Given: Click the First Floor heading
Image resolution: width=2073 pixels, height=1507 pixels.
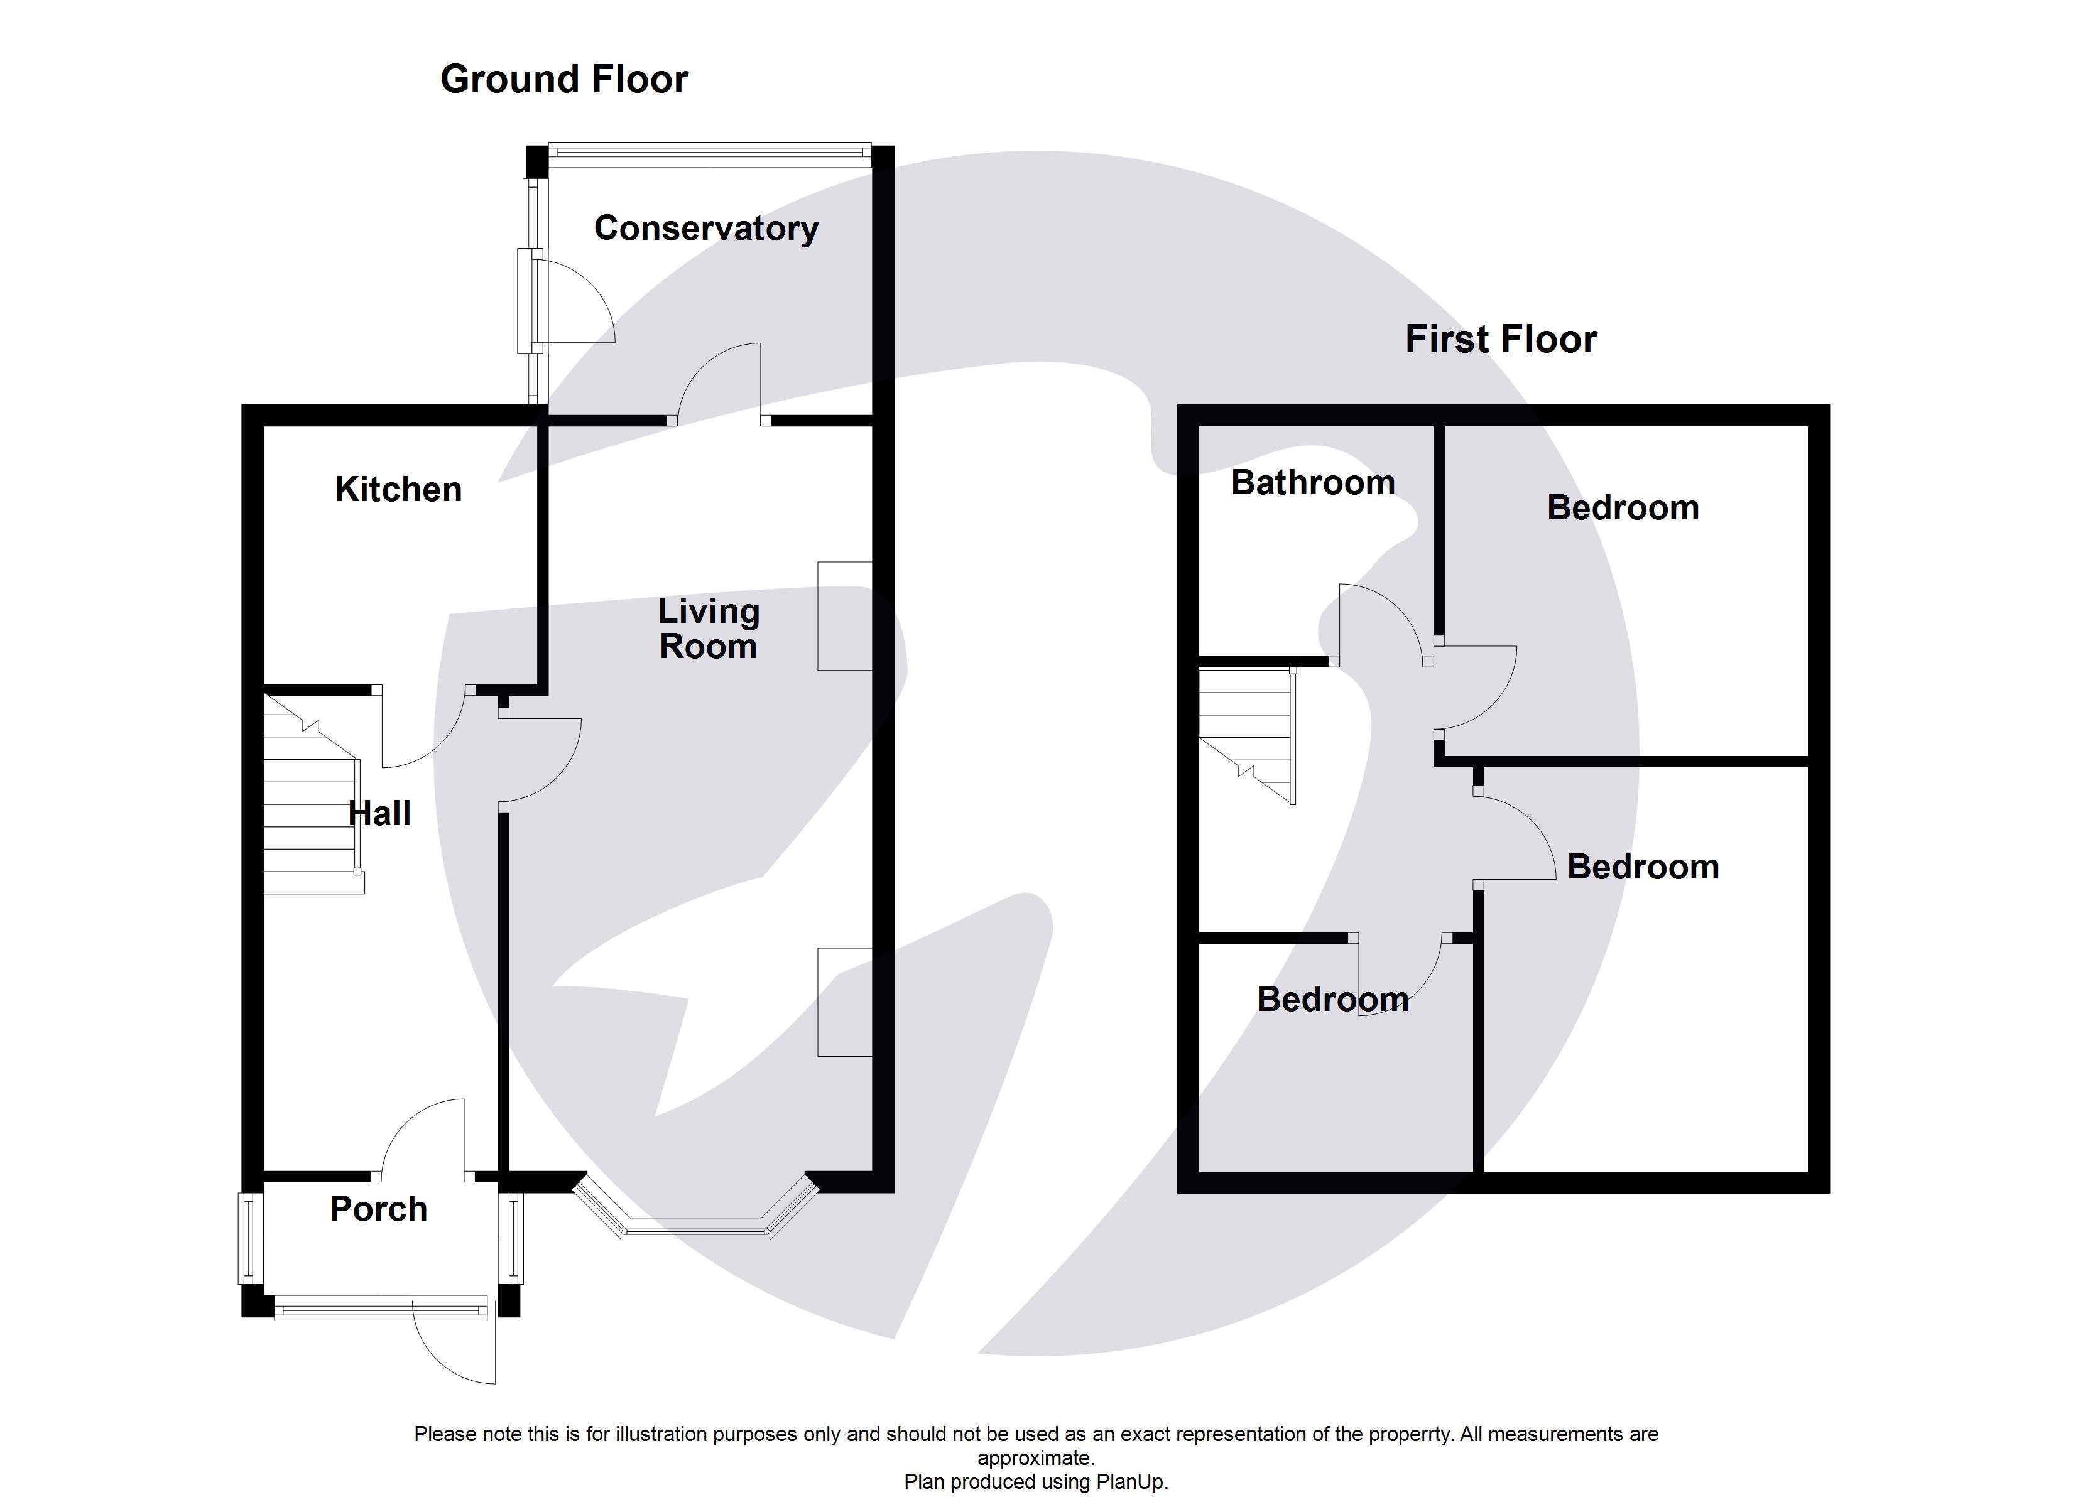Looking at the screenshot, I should [1500, 339].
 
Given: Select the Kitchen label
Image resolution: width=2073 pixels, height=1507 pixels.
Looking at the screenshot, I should [398, 490].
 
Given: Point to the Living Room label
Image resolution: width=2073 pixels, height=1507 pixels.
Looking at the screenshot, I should [709, 629].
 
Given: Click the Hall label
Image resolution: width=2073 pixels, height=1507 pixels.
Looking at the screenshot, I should [379, 813].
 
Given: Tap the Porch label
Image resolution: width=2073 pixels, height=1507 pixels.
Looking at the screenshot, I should [378, 1209].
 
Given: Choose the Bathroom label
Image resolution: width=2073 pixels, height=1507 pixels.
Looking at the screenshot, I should [1312, 482].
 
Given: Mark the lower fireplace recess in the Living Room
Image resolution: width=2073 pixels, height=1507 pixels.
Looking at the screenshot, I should [844, 1003].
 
